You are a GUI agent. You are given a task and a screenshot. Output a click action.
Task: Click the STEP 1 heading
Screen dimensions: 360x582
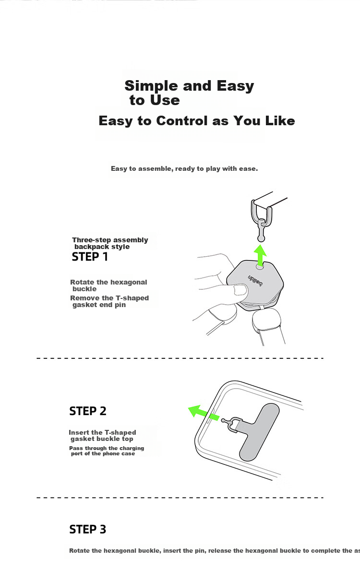pos(90,257)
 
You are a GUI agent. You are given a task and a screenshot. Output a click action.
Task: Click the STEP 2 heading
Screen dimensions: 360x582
pos(88,411)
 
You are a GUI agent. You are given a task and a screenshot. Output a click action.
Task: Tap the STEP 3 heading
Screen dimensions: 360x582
pos(88,529)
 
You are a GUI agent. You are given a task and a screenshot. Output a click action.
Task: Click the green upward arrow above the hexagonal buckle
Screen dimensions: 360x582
pos(260,255)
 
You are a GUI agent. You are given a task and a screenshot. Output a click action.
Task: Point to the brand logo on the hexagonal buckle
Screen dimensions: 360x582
pos(255,281)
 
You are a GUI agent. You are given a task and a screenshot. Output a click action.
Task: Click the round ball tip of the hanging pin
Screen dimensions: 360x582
pos(261,238)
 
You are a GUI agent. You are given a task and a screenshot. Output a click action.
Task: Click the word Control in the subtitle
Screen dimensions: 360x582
pos(182,121)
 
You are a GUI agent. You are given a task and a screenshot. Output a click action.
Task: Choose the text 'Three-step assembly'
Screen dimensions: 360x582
pos(110,240)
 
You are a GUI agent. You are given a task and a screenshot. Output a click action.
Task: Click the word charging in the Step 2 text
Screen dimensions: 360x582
pos(132,449)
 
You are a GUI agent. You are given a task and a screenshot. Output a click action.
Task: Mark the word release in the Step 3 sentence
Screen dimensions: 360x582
pos(220,551)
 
